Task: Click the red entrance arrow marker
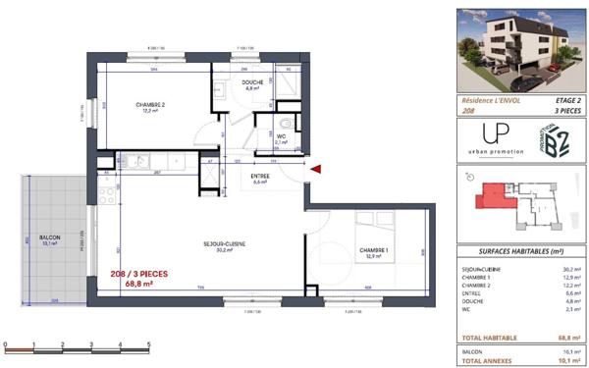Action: pyautogui.click(x=316, y=170)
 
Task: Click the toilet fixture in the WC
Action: pyautogui.click(x=283, y=124)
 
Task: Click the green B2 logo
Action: pyautogui.click(x=556, y=138)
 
